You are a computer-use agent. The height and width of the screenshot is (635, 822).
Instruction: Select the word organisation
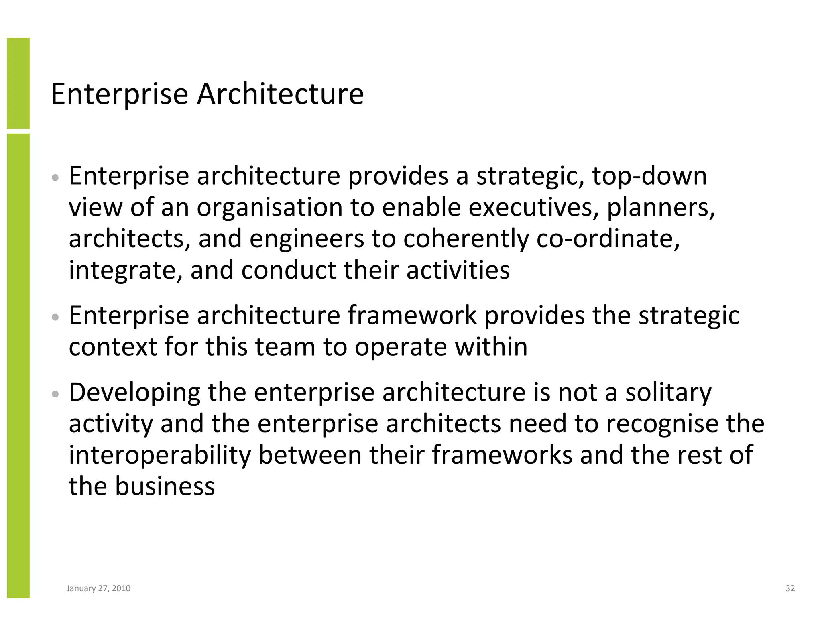coord(269,208)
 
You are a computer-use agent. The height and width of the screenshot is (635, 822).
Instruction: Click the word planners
coord(660,208)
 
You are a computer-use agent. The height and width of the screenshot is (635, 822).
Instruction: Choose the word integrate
coord(122,271)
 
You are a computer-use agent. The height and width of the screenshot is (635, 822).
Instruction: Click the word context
coord(113,347)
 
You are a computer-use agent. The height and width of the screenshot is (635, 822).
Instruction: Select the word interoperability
coord(160,455)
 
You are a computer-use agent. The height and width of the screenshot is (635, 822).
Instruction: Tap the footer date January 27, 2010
coord(98,588)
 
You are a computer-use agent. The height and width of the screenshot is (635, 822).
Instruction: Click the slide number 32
coord(790,588)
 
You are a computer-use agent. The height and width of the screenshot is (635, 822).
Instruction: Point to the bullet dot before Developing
coord(56,394)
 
